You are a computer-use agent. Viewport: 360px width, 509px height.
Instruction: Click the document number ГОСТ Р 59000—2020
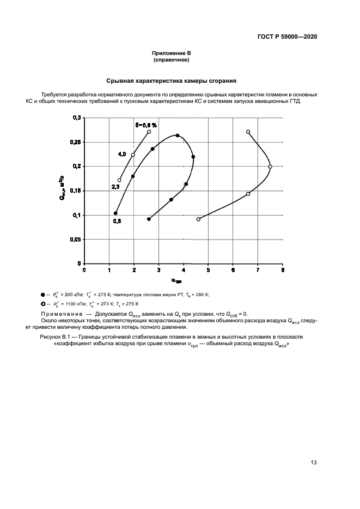coord(288,37)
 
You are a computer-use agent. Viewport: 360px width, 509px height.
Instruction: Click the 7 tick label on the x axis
coord(258,269)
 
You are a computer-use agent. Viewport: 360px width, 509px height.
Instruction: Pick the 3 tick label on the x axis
coord(158,269)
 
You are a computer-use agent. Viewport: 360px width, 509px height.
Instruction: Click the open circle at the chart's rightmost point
coord(270,167)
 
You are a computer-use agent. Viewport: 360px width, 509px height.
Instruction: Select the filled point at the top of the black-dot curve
coord(178,136)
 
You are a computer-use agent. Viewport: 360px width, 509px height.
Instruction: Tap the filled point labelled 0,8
coord(115,213)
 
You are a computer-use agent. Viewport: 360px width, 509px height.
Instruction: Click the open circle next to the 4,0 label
coord(133,155)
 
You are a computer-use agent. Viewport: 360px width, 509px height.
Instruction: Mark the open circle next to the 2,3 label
coord(119,180)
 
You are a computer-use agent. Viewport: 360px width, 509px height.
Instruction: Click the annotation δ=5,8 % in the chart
coord(147,125)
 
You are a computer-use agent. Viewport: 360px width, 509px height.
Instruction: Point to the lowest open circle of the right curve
coord(198,219)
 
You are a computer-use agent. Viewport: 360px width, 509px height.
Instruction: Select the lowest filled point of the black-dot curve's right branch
coord(149,219)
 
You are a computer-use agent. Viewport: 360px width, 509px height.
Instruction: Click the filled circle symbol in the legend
coord(42,294)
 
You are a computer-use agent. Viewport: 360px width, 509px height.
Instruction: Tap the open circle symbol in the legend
coord(42,303)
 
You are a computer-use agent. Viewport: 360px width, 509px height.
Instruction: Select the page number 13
coord(314,463)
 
